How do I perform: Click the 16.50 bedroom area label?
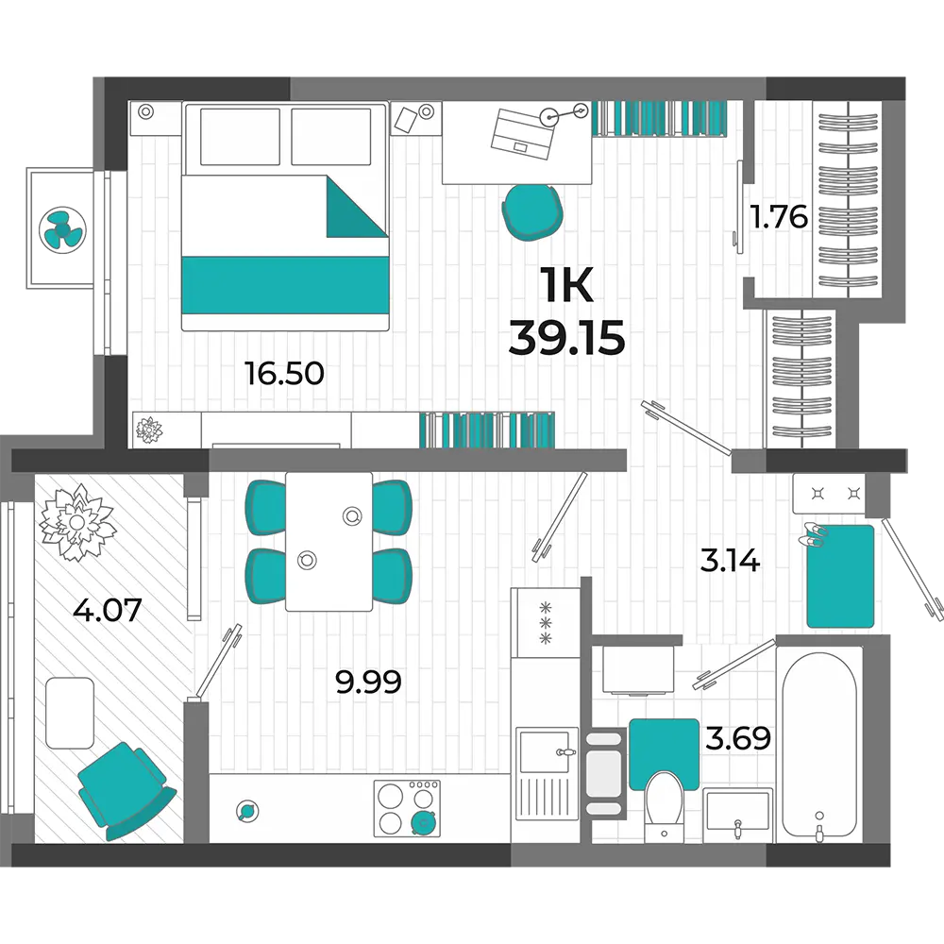284,373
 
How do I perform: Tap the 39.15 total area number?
566,337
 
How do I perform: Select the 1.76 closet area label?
779,217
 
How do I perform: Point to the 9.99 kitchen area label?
368,683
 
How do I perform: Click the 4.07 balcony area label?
108,609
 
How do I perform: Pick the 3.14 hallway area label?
731,561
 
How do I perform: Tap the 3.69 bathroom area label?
738,737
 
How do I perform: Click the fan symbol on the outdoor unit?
62,229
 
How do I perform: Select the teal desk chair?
532,211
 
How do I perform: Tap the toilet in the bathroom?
664,807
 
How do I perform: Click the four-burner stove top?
407,809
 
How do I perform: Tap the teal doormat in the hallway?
840,576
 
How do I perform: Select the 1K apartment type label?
566,285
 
